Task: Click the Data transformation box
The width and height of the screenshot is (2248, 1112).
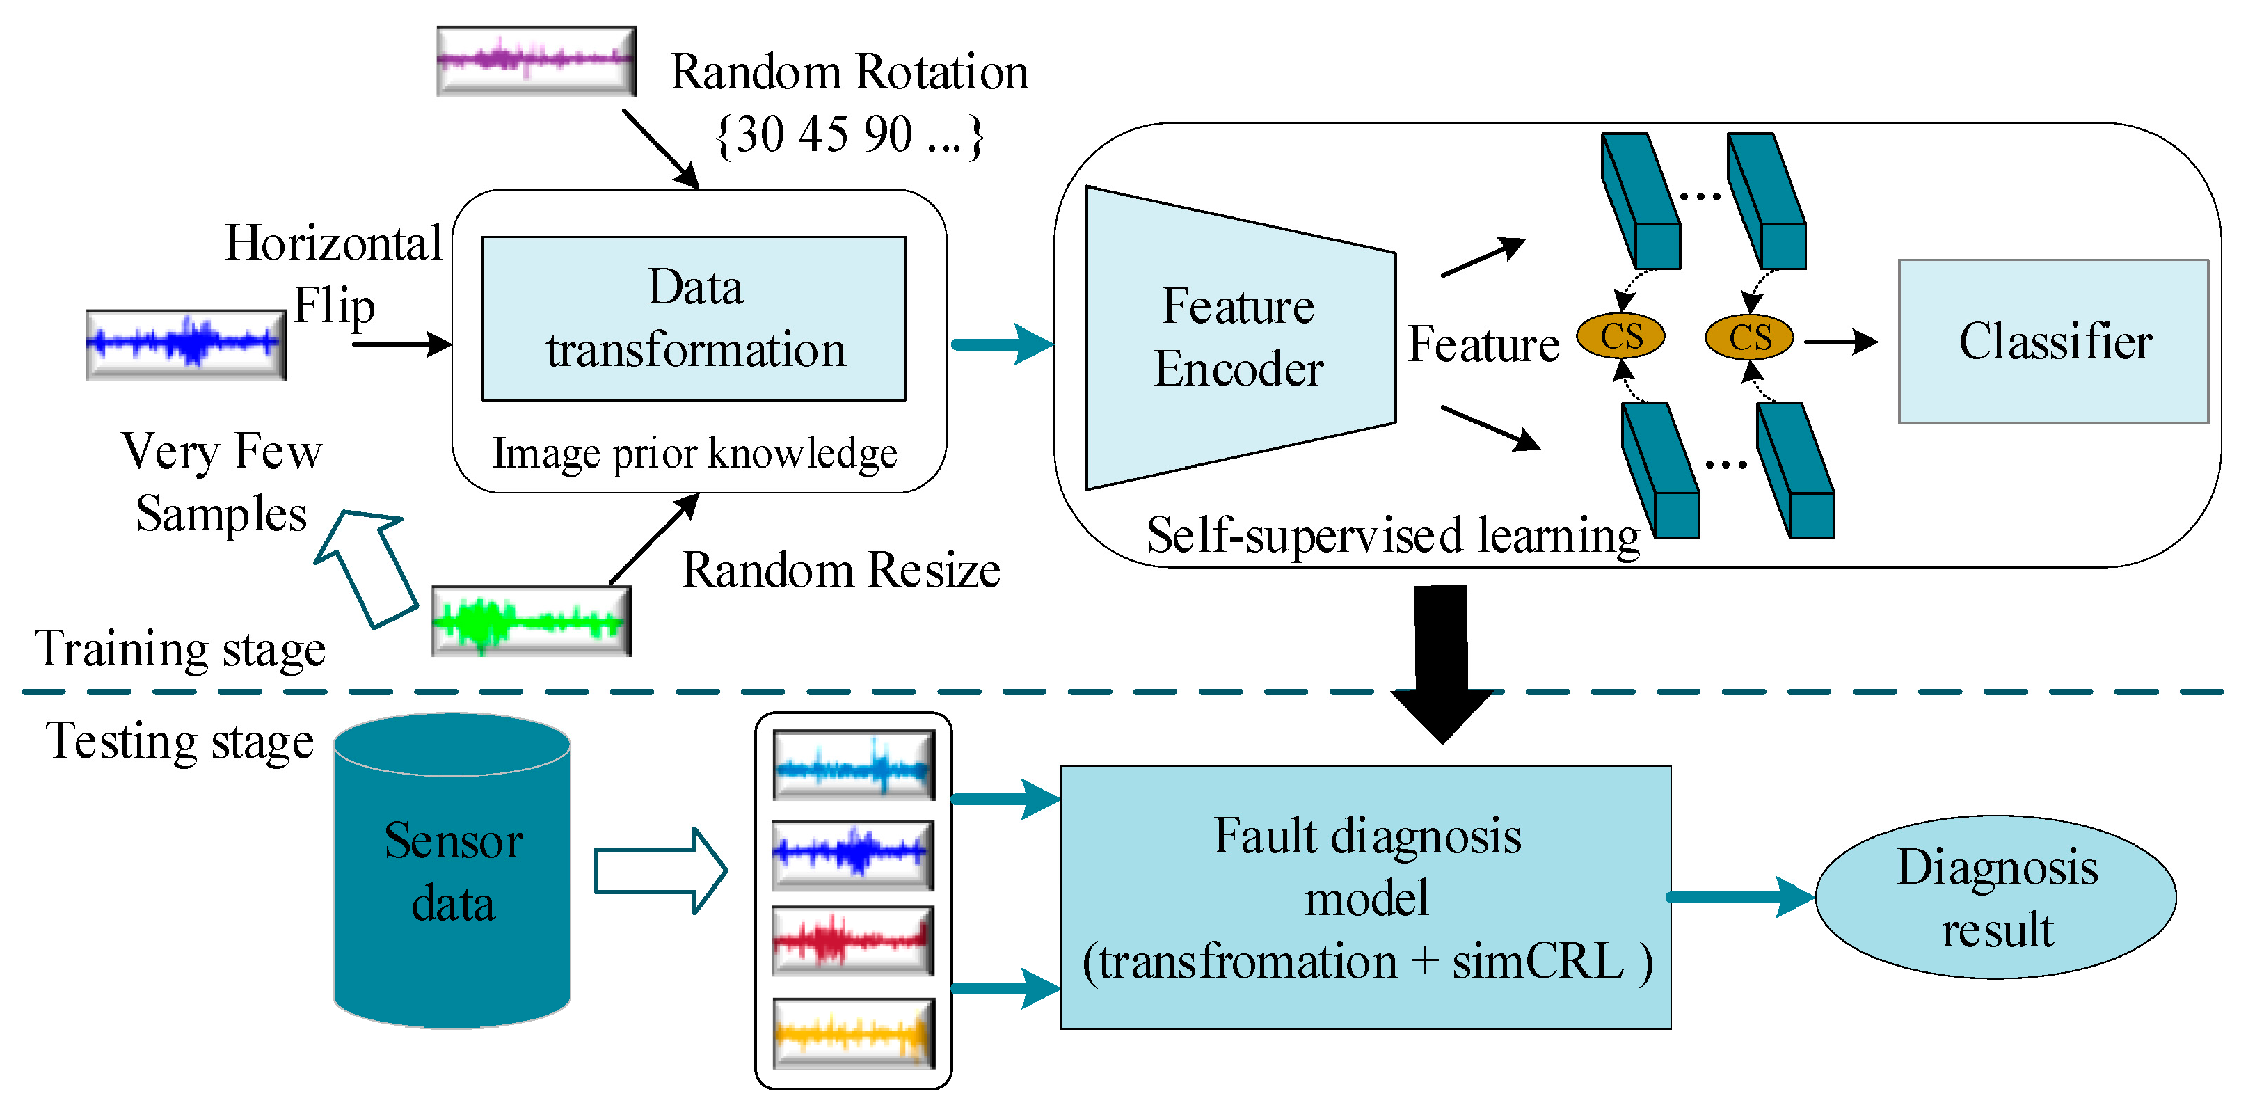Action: (x=694, y=319)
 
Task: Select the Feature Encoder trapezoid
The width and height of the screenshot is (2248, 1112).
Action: (x=1239, y=337)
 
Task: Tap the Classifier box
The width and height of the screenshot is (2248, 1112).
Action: (x=2052, y=341)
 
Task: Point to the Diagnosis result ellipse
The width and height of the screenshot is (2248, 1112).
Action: (x=1996, y=897)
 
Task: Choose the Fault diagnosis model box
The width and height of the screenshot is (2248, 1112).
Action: (x=1366, y=897)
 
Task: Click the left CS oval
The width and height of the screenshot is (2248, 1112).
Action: (x=1620, y=336)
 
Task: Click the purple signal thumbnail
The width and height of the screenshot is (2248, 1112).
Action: (x=536, y=61)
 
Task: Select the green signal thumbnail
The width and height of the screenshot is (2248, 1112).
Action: (x=531, y=621)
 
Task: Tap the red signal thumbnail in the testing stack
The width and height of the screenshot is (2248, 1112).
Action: (x=852, y=941)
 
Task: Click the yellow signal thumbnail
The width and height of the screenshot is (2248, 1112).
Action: (x=852, y=1034)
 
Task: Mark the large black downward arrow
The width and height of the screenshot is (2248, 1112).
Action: (x=1442, y=663)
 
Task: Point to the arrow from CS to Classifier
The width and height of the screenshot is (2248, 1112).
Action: (x=1840, y=341)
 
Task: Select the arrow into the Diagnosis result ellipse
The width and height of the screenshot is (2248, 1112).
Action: (x=1741, y=897)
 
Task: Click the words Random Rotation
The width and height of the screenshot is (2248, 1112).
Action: (x=849, y=72)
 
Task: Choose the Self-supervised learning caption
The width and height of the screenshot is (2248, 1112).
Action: (x=1393, y=534)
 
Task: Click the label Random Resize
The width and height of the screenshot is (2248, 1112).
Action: (x=840, y=571)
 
